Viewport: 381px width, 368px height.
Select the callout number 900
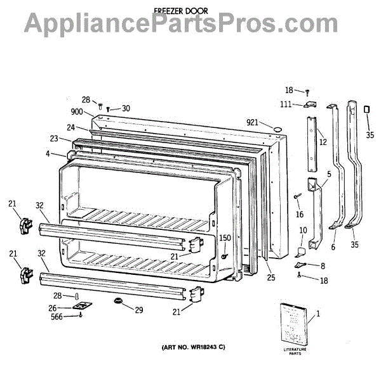(x=77, y=111)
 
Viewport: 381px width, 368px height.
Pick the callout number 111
(x=287, y=105)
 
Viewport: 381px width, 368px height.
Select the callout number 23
(x=55, y=139)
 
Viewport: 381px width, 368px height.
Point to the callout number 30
(x=126, y=108)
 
